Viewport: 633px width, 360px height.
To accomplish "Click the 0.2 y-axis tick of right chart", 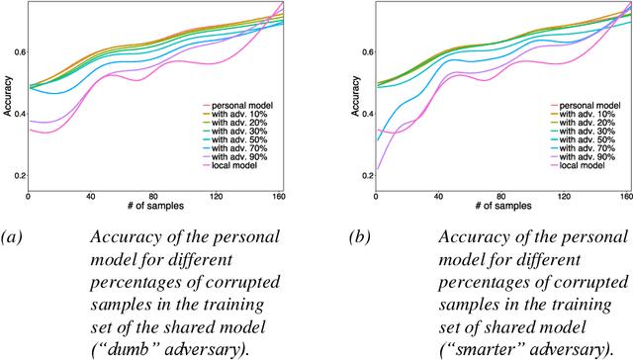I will tap(365, 176).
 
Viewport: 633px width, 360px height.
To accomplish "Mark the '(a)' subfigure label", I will tap(11, 234).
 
